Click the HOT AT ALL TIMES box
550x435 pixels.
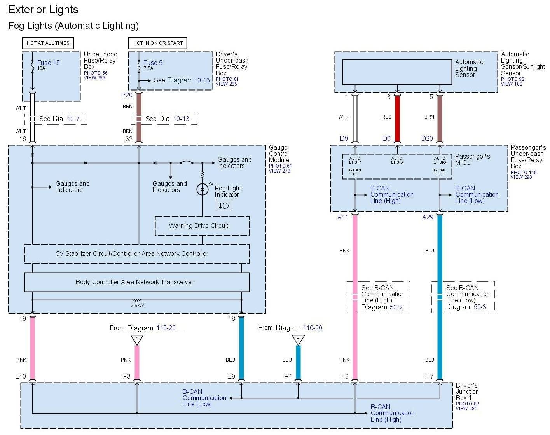click(48, 43)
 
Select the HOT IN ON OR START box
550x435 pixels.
click(158, 43)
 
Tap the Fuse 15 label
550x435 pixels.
click(49, 63)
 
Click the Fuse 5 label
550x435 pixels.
click(153, 63)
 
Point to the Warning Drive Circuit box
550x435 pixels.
click(202, 226)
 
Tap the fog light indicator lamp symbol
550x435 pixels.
click(202, 189)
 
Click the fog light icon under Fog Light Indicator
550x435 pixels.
click(224, 206)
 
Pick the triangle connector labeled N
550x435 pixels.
click(137, 340)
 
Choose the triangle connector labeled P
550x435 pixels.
click(298, 340)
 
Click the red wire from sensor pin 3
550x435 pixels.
click(397, 119)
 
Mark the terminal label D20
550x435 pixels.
click(427, 138)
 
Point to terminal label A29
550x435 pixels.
click(428, 217)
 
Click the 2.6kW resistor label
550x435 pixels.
click(137, 306)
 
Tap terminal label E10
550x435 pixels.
click(21, 376)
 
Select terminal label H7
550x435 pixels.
click(429, 376)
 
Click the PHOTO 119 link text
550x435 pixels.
click(524, 172)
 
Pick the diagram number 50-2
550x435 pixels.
click(396, 307)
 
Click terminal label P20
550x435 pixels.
click(127, 95)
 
